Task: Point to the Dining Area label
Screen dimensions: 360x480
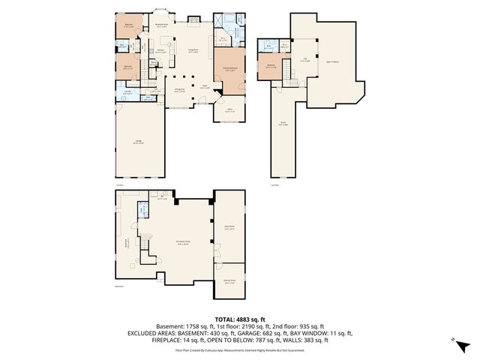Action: [x=181, y=90]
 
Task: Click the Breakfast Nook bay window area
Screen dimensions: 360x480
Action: [x=160, y=22]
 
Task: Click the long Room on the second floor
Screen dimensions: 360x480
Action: [x=284, y=124]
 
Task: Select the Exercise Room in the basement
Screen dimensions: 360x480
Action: [x=229, y=282]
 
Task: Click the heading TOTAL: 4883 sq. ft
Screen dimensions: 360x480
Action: [x=239, y=319]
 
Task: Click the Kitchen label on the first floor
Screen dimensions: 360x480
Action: [x=160, y=50]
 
